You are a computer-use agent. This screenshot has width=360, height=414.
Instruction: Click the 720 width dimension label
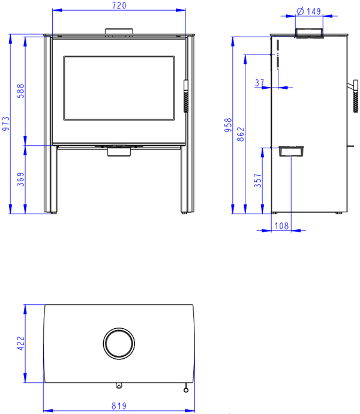[119, 5]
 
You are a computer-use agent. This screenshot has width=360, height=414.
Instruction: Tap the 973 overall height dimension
[6, 124]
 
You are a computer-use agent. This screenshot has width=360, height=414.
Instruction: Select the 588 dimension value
[20, 91]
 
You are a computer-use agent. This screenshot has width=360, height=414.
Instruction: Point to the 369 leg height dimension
[20, 179]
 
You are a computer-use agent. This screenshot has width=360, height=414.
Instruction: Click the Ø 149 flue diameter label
[308, 11]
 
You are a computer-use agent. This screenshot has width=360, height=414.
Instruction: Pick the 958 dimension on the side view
[228, 125]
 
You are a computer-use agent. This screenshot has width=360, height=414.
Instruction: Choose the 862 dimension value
[241, 134]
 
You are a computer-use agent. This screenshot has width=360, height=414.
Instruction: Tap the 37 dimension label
[259, 83]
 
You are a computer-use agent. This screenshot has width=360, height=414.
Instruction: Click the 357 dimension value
[257, 181]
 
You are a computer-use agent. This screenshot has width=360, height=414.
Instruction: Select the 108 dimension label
[281, 226]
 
